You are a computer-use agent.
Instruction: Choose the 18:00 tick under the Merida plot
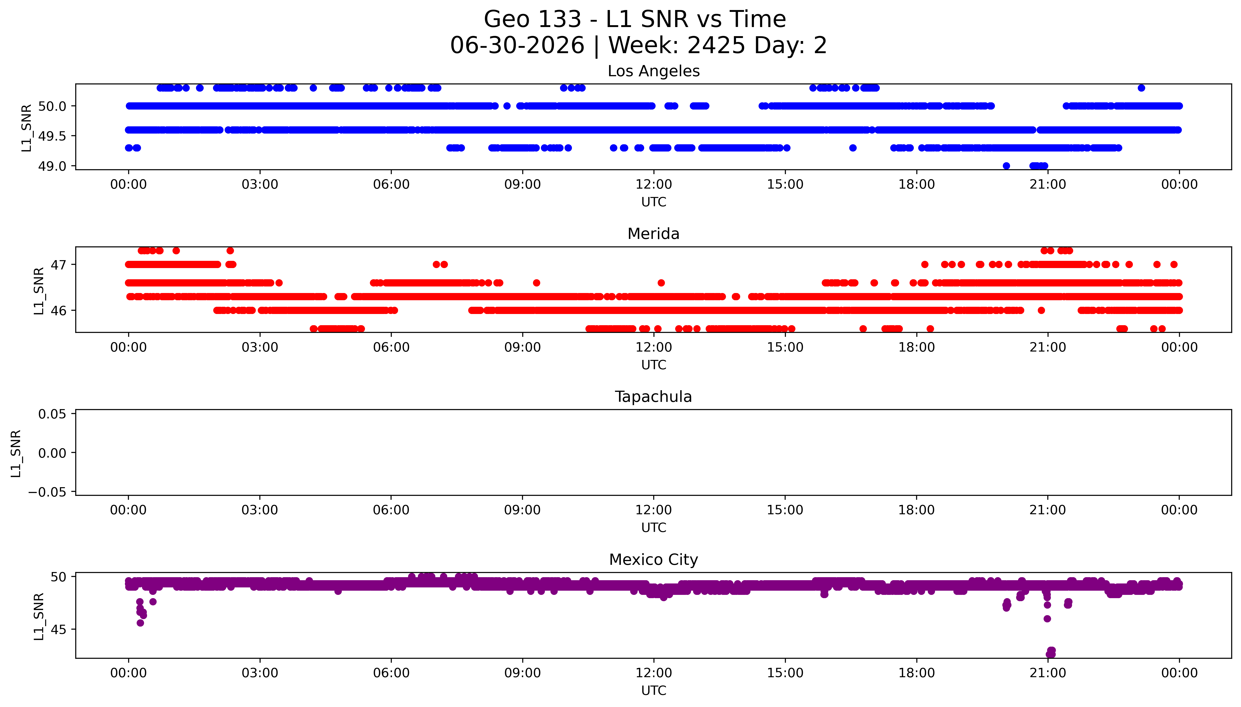916,347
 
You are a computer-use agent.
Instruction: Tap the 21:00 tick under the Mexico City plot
1048,673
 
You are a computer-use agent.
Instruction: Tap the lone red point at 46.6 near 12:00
661,283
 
